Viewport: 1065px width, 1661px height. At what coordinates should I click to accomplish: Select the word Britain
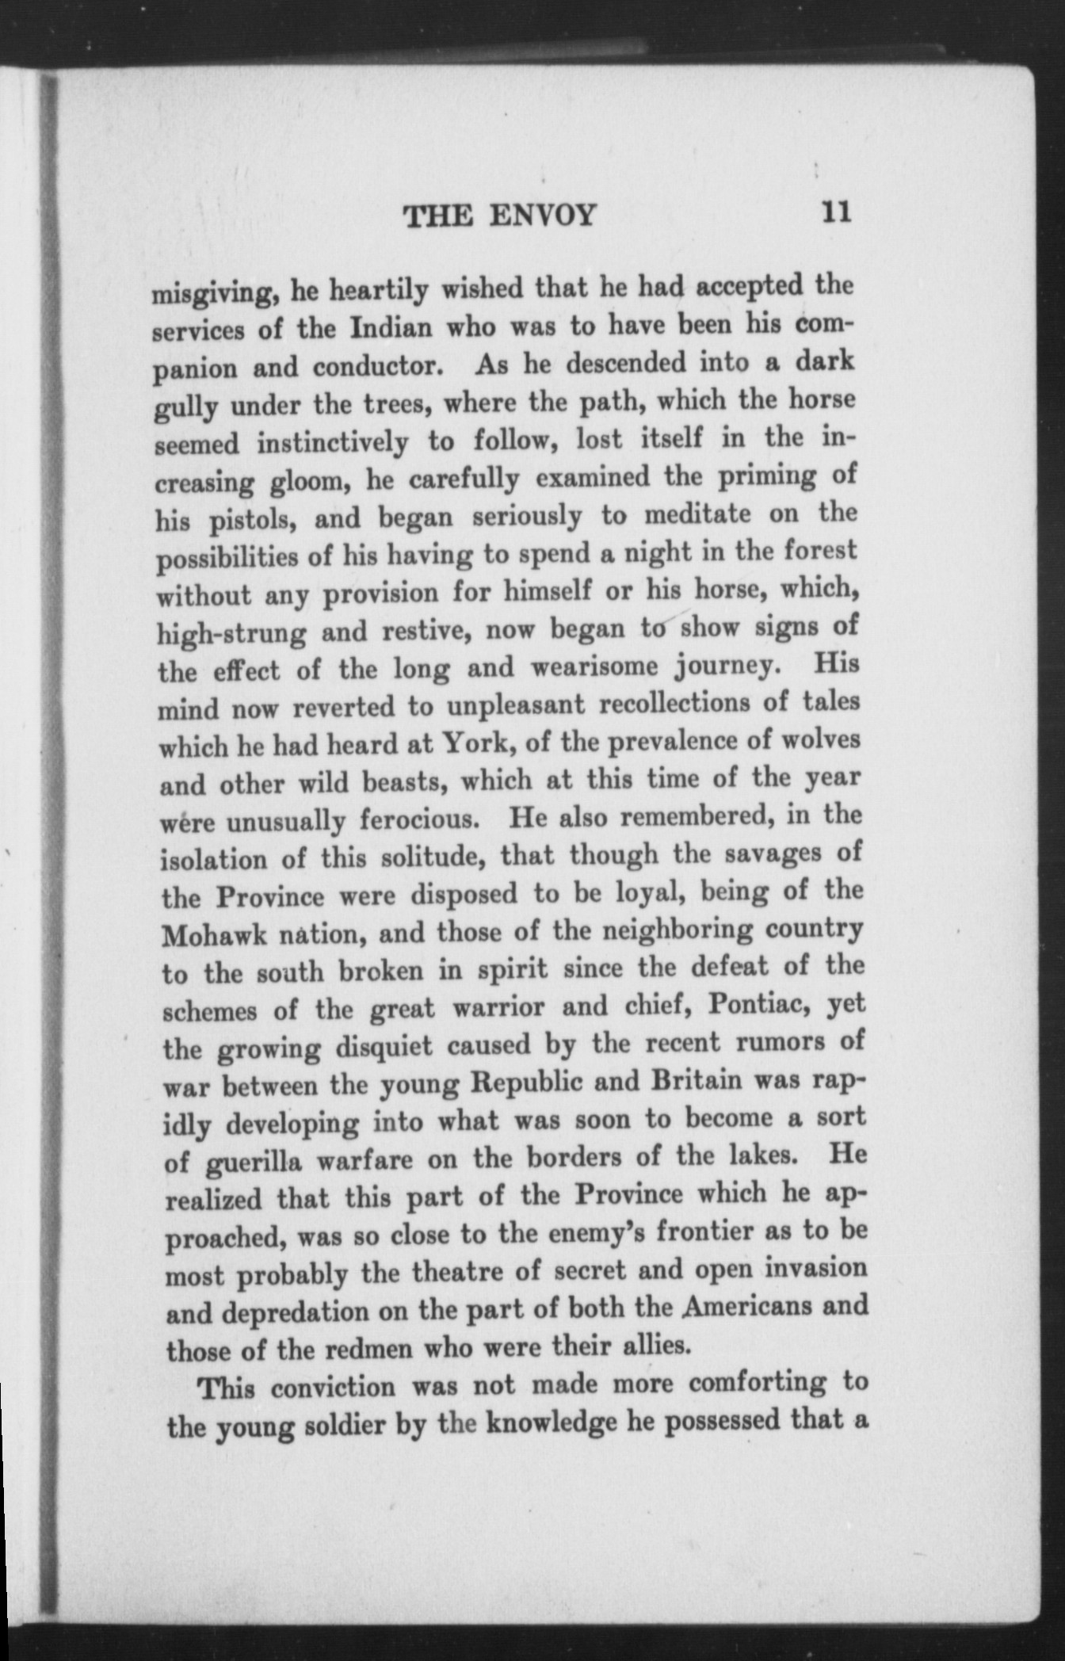(x=697, y=1081)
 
